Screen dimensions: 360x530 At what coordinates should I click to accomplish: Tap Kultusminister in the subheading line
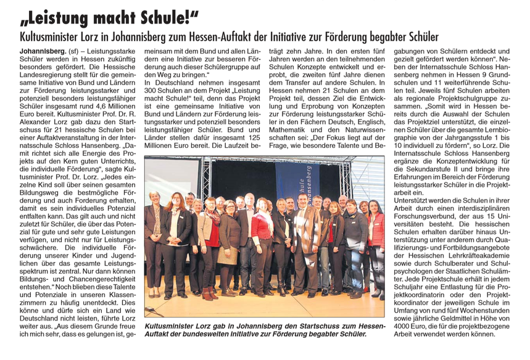click(48, 36)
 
